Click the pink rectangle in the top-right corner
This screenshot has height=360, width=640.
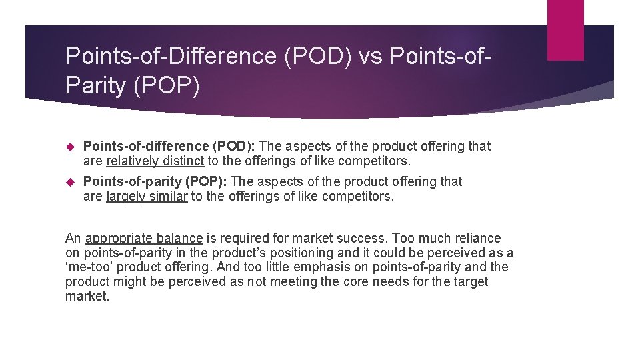[565, 30]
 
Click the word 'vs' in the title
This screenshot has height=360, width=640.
[371, 57]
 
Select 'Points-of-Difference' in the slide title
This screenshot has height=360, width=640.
[171, 57]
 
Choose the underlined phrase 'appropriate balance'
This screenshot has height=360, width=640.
[144, 238]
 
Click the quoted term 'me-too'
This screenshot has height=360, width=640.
[87, 267]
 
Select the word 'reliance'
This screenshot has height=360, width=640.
[477, 238]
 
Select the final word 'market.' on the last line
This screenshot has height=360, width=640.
[87, 297]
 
